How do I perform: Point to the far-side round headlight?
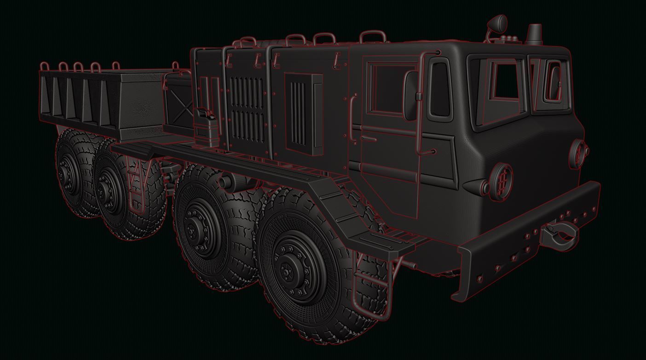point(577,152)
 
